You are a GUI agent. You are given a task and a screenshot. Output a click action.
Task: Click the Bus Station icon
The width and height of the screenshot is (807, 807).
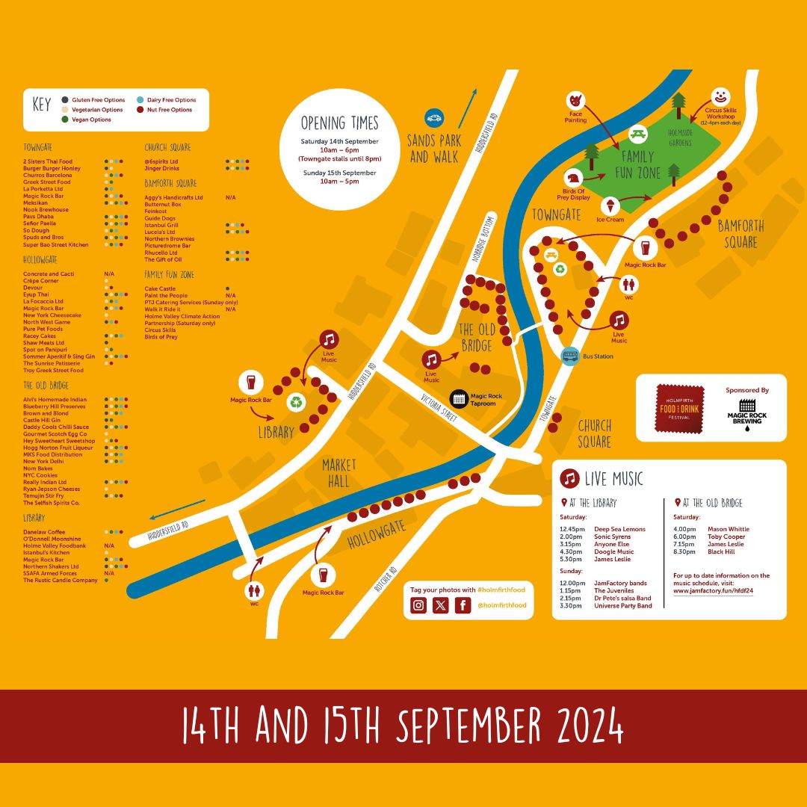pos(570,355)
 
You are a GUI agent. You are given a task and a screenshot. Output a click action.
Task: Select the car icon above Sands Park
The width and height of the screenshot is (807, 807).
pos(434,117)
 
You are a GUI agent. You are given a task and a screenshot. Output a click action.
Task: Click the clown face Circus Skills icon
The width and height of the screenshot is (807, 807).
pos(720,97)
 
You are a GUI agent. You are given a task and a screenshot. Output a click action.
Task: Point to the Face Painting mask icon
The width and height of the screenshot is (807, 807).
pos(574,99)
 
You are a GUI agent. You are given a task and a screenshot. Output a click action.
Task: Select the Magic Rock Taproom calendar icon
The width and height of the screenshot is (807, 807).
pos(458,398)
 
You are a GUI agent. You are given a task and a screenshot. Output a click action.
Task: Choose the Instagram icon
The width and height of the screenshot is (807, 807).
pos(419,605)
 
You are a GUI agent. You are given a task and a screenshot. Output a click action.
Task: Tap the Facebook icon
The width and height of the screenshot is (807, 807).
pos(463,605)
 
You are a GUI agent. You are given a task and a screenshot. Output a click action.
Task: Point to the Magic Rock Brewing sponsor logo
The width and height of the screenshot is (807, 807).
pos(747,411)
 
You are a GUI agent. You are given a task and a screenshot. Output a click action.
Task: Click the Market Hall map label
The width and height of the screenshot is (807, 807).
pos(339,473)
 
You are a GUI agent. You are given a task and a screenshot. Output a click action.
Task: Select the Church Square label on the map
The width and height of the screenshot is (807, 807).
pos(595,433)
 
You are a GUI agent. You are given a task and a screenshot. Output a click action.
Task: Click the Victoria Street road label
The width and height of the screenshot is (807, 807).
pos(439,408)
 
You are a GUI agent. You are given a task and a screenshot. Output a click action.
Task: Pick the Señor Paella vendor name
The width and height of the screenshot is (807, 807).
pos(40,223)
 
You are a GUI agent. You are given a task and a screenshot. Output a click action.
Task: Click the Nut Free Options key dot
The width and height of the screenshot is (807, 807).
pos(140,110)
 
